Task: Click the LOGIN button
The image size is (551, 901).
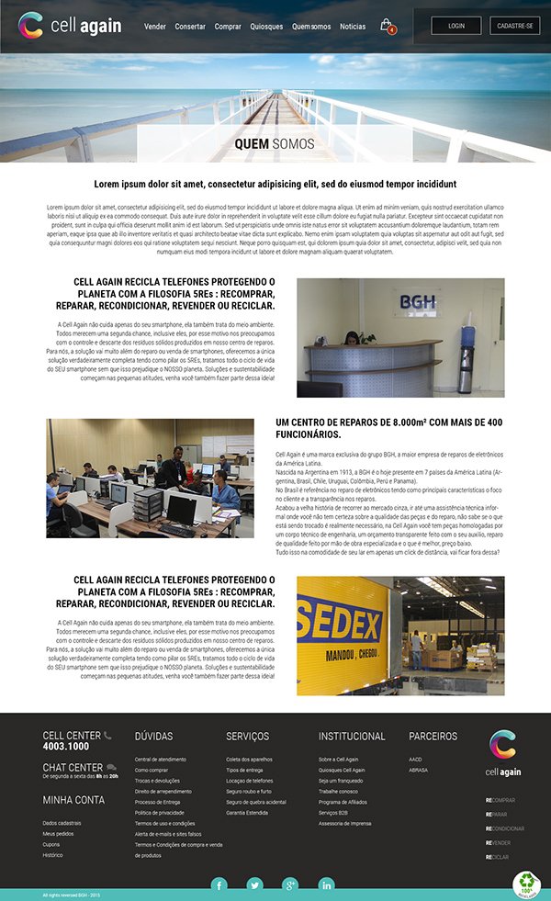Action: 456,26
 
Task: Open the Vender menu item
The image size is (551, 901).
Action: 155,27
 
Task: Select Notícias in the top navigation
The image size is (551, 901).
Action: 353,27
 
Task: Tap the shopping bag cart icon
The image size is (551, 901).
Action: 387,25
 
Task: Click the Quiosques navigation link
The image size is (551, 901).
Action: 266,27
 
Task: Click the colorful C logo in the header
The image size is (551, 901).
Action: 30,25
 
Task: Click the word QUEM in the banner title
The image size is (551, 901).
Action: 252,144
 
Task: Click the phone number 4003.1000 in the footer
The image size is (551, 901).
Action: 66,747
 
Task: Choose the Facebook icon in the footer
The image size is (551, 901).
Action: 219,884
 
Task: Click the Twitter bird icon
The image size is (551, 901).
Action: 254,884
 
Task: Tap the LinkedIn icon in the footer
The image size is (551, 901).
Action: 326,884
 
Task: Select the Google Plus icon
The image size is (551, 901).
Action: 290,884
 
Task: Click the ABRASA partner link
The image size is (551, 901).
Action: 418,770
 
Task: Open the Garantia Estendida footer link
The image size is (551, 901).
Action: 247,813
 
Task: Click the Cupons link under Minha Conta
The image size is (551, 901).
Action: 51,844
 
